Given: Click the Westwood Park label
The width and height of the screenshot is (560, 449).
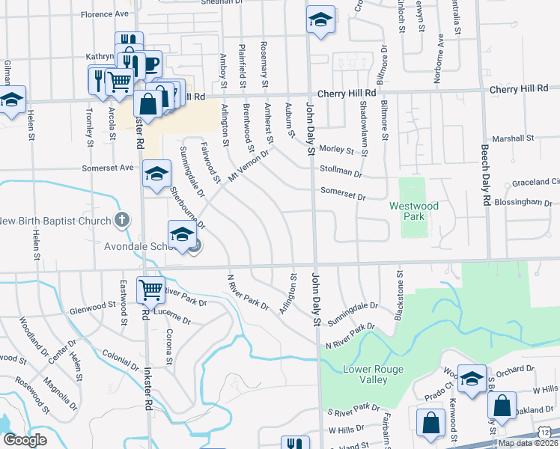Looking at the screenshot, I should coord(413,211).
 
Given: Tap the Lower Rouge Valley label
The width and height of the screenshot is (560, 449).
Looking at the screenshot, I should coord(374,374).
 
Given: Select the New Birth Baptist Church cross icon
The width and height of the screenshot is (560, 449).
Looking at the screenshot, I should coord(124,221).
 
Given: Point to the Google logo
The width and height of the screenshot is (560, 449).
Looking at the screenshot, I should coord(25,440).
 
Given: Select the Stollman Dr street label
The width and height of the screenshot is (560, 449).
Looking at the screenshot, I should coord(341,172).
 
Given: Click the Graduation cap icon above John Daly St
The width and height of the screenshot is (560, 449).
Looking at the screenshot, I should coord(320,22).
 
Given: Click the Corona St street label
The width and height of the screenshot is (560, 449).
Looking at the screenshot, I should coord(170,345).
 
